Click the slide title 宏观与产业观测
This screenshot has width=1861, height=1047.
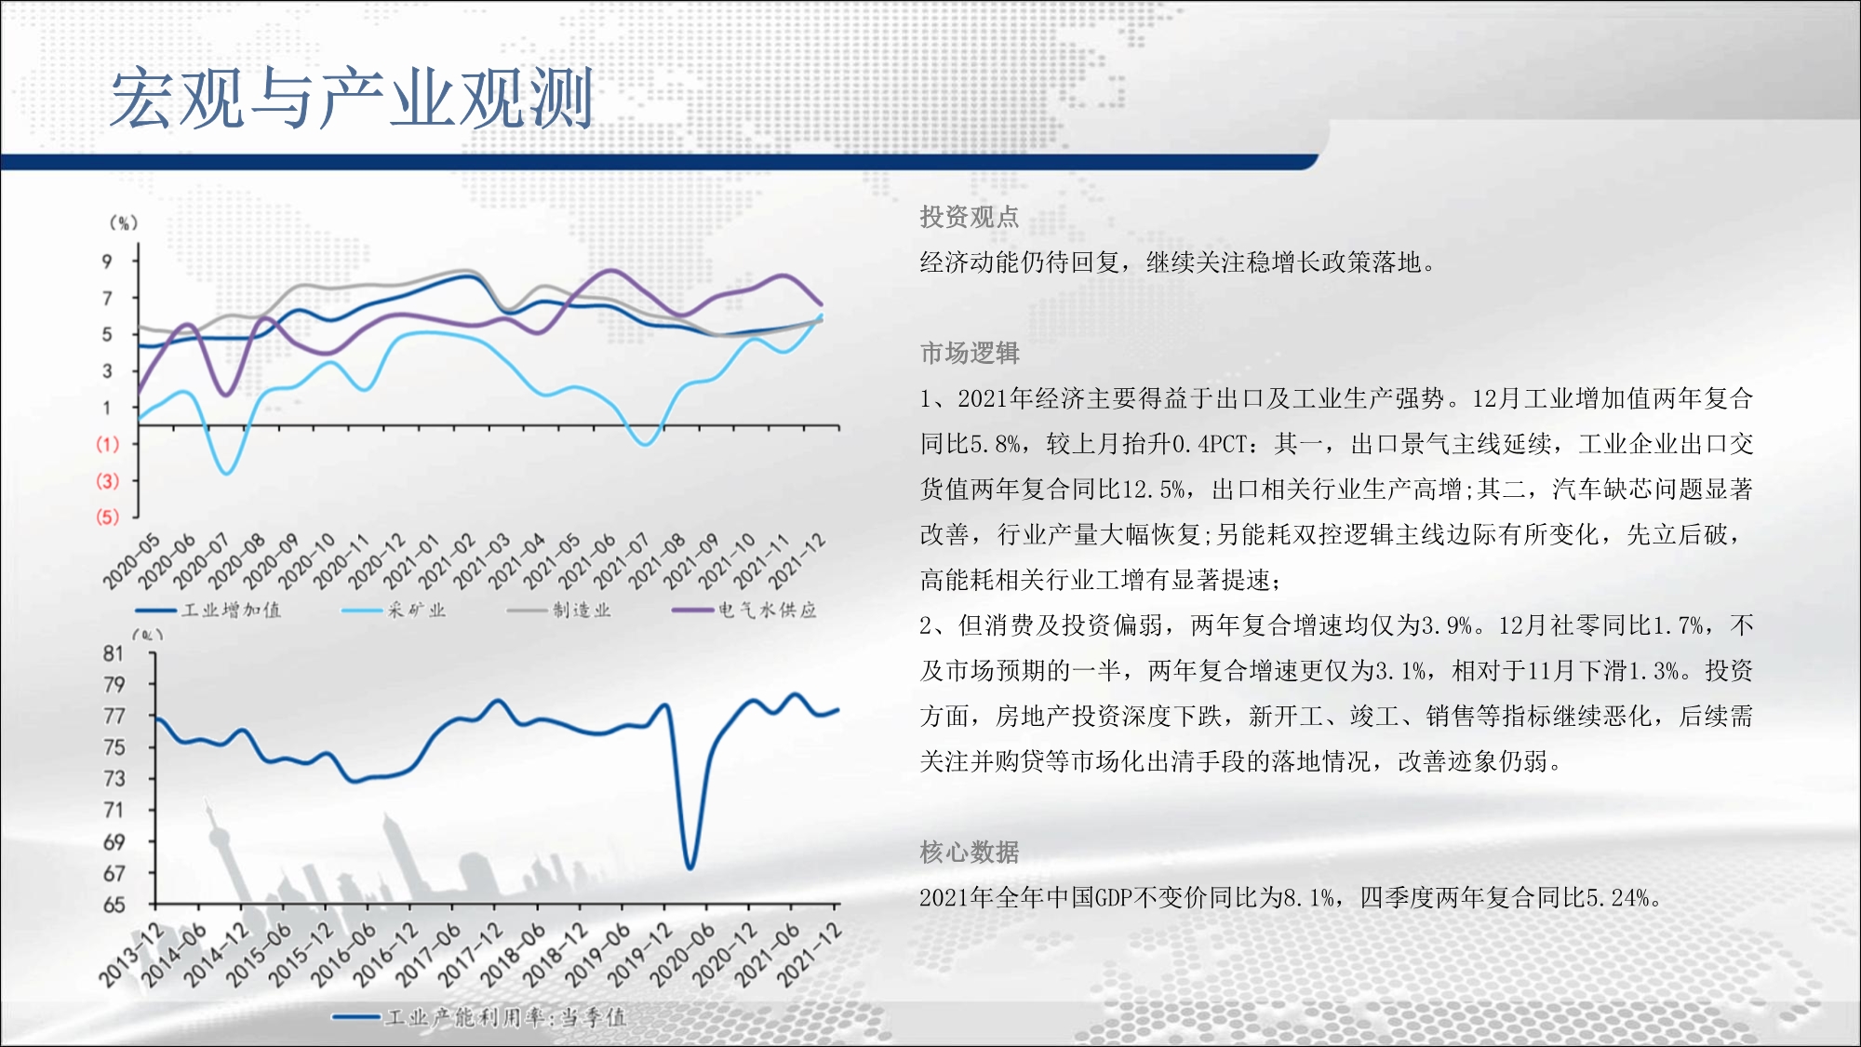[x=352, y=98]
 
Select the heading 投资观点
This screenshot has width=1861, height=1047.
[x=969, y=217]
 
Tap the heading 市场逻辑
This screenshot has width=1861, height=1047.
[x=969, y=353]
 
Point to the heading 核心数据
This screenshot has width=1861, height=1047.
[x=969, y=852]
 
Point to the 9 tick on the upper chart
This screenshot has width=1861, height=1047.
[x=107, y=262]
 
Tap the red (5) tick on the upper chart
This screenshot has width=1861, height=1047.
[x=107, y=517]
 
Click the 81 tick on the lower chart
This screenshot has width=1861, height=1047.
[x=114, y=653]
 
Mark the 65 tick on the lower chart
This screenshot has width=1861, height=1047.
[x=114, y=905]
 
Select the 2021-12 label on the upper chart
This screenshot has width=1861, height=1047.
[x=797, y=560]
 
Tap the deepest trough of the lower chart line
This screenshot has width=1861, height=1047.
[x=690, y=867]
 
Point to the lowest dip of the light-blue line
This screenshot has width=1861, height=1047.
[x=226, y=473]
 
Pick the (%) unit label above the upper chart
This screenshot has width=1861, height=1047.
[x=124, y=222]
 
